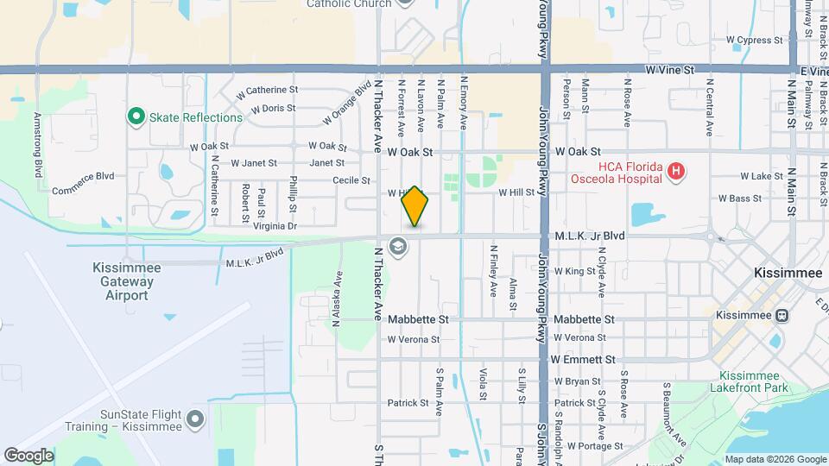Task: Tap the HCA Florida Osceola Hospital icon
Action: point(676,173)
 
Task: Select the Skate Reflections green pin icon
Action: point(136,116)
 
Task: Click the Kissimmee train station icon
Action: point(782,315)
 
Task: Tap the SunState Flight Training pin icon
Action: point(196,419)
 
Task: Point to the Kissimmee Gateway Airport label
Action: point(126,281)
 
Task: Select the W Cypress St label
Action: point(753,40)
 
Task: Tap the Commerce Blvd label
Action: point(83,176)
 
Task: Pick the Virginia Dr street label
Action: point(275,226)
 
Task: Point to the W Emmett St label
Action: point(583,359)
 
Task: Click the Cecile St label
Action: point(351,180)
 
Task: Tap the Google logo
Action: point(28,455)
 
